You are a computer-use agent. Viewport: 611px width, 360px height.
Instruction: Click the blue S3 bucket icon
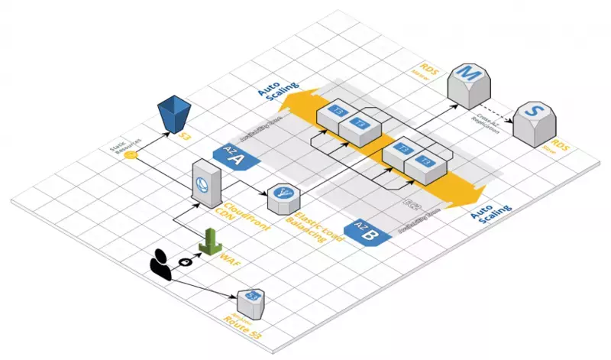[x=175, y=115]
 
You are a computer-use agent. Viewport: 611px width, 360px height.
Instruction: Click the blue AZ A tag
[x=234, y=157]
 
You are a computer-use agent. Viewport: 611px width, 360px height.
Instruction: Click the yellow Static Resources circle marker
[x=131, y=155]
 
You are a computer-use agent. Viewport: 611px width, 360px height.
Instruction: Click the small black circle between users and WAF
[x=184, y=262]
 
